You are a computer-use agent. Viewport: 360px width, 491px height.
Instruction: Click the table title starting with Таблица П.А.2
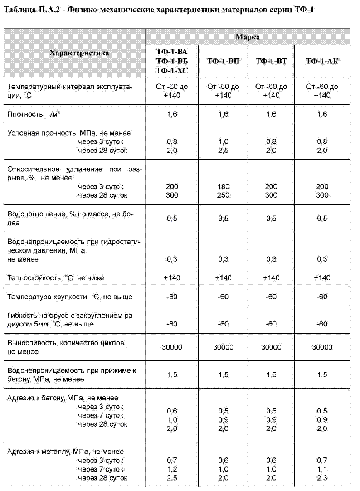(x=158, y=10)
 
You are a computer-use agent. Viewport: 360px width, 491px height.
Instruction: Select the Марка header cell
(x=247, y=37)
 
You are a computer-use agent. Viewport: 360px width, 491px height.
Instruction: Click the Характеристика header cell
(x=79, y=53)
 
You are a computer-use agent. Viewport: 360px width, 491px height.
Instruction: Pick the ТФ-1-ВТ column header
(x=271, y=61)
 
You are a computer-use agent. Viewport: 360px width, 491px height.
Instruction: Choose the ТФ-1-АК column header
(x=322, y=61)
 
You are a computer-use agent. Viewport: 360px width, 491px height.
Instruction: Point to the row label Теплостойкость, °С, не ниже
(x=52, y=277)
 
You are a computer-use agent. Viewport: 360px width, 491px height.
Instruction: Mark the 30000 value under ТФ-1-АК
(x=322, y=347)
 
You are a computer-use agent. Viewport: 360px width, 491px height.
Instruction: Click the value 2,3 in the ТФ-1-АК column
(x=322, y=478)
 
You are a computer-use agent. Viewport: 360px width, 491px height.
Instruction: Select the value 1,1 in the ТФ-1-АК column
(x=322, y=469)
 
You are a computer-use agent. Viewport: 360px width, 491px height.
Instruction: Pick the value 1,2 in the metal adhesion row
(x=172, y=469)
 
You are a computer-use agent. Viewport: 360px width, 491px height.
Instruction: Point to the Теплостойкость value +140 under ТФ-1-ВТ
(x=271, y=277)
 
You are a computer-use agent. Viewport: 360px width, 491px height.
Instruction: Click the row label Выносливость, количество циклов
(x=66, y=343)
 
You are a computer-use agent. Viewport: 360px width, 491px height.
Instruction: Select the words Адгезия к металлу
(x=36, y=452)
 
